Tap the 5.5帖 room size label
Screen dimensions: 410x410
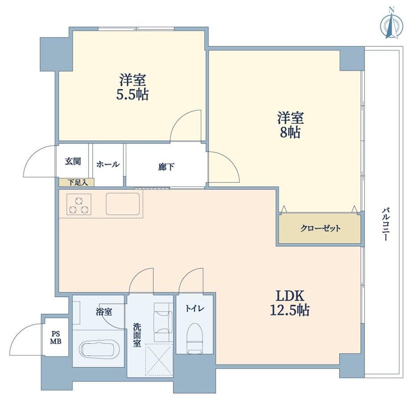(x=132, y=94)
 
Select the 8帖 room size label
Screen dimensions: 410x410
(x=290, y=132)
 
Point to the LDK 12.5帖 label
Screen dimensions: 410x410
(x=290, y=303)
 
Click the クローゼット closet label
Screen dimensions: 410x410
(x=320, y=228)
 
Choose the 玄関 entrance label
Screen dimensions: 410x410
(x=73, y=161)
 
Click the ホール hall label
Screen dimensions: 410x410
(x=108, y=164)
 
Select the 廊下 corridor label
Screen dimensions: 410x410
(x=166, y=167)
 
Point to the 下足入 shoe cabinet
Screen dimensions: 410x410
(x=77, y=182)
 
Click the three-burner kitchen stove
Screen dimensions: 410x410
(x=79, y=204)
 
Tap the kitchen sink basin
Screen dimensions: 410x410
(x=123, y=204)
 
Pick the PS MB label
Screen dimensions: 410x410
(x=56, y=337)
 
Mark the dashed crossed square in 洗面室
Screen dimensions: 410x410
(x=159, y=360)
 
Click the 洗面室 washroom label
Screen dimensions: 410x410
(x=137, y=335)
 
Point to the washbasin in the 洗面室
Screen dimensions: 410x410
(x=163, y=322)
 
